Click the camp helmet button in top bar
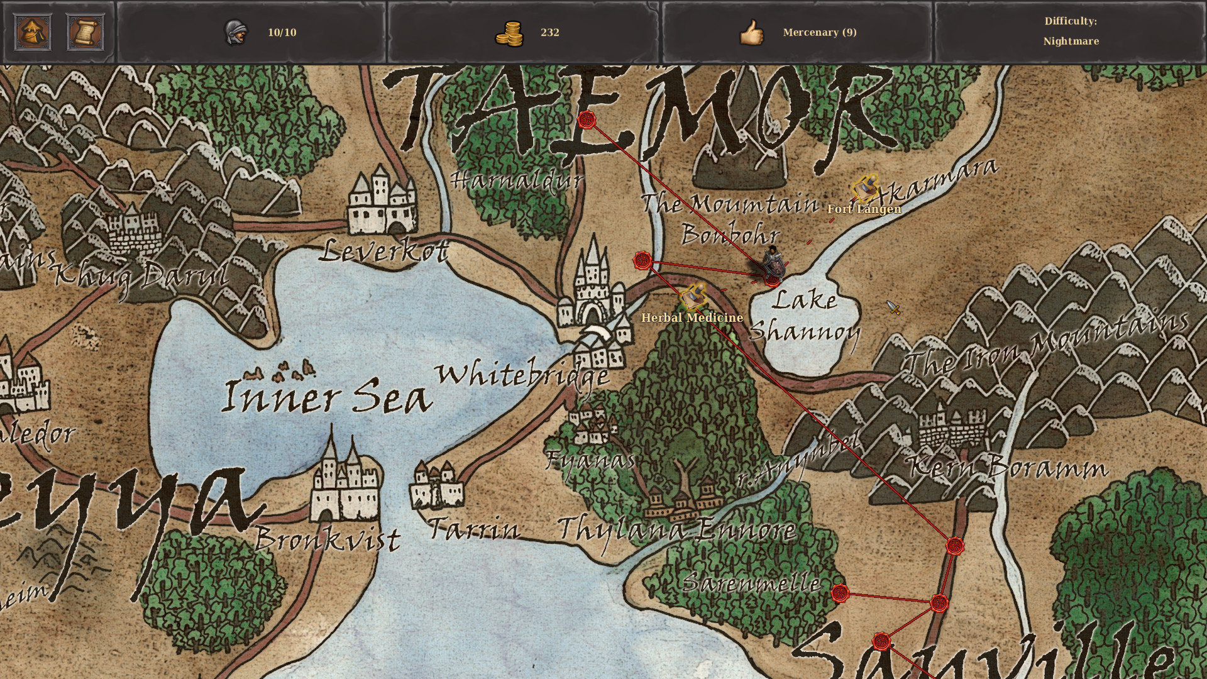(x=33, y=32)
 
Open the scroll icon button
(x=85, y=32)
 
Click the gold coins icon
(x=509, y=33)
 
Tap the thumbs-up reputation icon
(x=751, y=33)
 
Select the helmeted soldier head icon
(x=236, y=32)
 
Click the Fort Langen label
(x=864, y=209)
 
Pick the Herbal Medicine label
(x=692, y=318)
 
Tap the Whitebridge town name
(x=522, y=375)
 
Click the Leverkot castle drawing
(x=382, y=200)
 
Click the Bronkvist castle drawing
(x=344, y=481)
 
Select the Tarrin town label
(x=474, y=529)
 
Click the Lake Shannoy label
(x=805, y=315)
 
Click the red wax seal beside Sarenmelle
(x=840, y=593)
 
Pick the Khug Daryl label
(x=141, y=275)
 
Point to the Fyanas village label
(x=590, y=460)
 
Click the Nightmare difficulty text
(x=1071, y=41)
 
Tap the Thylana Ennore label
(x=676, y=529)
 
